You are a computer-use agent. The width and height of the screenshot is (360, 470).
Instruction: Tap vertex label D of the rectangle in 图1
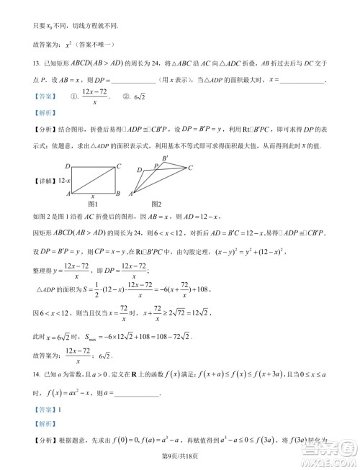67,166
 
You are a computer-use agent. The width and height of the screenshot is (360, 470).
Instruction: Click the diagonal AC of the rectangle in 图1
94,179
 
